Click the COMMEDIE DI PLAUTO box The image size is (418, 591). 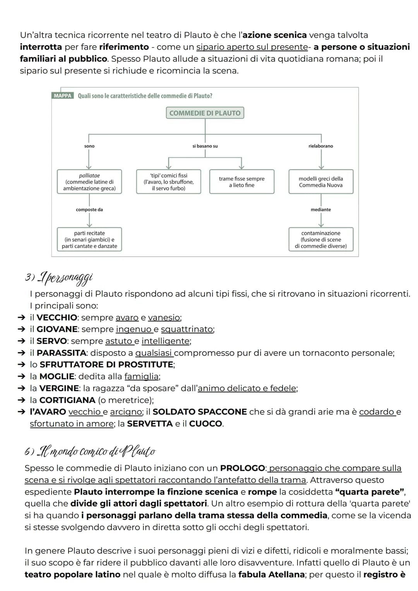pos(205,113)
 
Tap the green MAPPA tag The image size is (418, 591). pos(63,96)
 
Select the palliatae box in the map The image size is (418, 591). pos(89,182)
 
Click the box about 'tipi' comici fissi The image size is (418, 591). pos(169,182)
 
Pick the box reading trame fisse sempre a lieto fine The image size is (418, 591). pos(242,182)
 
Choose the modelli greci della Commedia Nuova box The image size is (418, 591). pos(321,182)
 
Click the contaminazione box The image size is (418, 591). pos(321,239)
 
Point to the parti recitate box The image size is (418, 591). pos(89,239)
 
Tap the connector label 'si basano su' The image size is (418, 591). pos(205,146)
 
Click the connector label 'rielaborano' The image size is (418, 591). pos(321,146)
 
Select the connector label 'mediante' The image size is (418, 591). pos(321,210)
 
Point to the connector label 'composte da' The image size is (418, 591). pos(89,210)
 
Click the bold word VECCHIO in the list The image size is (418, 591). pos(57,317)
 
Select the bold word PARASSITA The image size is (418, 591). pos(62,353)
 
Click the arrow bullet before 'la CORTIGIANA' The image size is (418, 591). pos(21,400)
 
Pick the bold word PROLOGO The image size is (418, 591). pos(242,468)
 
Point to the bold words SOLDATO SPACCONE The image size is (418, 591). pos(200,412)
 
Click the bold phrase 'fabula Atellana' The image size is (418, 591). pos(271,575)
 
